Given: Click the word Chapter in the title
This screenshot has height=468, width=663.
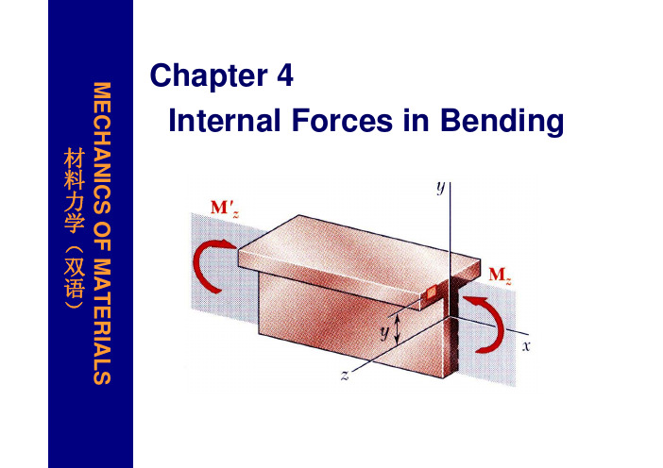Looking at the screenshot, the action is [x=209, y=75].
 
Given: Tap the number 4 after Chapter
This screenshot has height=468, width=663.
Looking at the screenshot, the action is [x=285, y=75].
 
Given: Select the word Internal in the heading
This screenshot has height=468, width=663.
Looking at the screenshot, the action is [x=224, y=120].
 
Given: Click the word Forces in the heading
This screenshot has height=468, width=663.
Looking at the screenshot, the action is [x=342, y=120].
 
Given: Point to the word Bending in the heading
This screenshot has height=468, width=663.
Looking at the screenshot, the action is [x=501, y=121].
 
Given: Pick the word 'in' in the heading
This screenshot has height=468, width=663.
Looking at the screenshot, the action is [x=416, y=120].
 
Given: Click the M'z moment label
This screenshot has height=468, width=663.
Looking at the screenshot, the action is [x=225, y=209].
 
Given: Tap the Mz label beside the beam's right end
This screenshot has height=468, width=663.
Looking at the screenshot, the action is [x=500, y=276].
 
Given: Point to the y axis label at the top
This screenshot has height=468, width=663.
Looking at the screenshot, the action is [x=441, y=187].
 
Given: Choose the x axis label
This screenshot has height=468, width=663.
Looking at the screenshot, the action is [x=525, y=346].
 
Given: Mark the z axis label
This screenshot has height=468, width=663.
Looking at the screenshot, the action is [x=345, y=376].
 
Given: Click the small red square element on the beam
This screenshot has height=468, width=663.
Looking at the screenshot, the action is [x=432, y=292].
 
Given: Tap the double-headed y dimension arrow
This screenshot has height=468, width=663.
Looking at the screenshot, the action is [x=397, y=329].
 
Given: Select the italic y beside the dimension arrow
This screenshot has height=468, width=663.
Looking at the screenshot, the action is [x=384, y=333].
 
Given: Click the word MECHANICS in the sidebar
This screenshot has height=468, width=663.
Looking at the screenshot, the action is [x=102, y=147].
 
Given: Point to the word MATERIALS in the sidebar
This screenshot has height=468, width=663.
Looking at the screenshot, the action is [x=102, y=322].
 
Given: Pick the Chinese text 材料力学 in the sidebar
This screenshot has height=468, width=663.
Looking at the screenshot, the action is [x=75, y=190].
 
